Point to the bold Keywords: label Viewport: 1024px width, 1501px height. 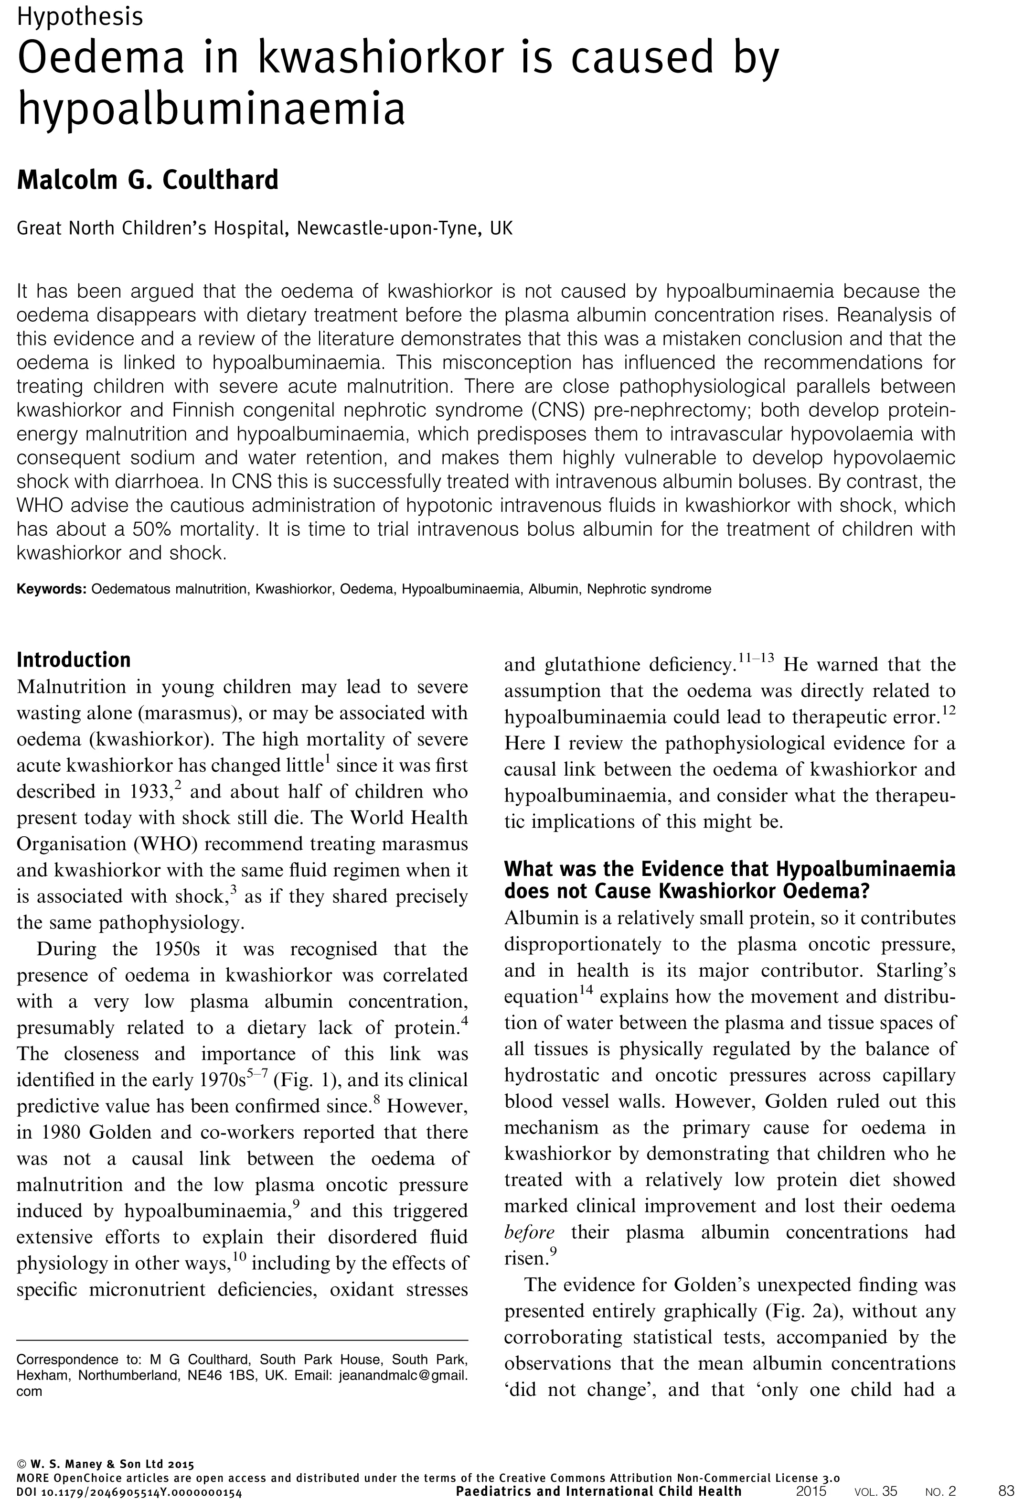pyautogui.click(x=51, y=589)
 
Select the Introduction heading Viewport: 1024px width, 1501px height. pyautogui.click(x=74, y=659)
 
